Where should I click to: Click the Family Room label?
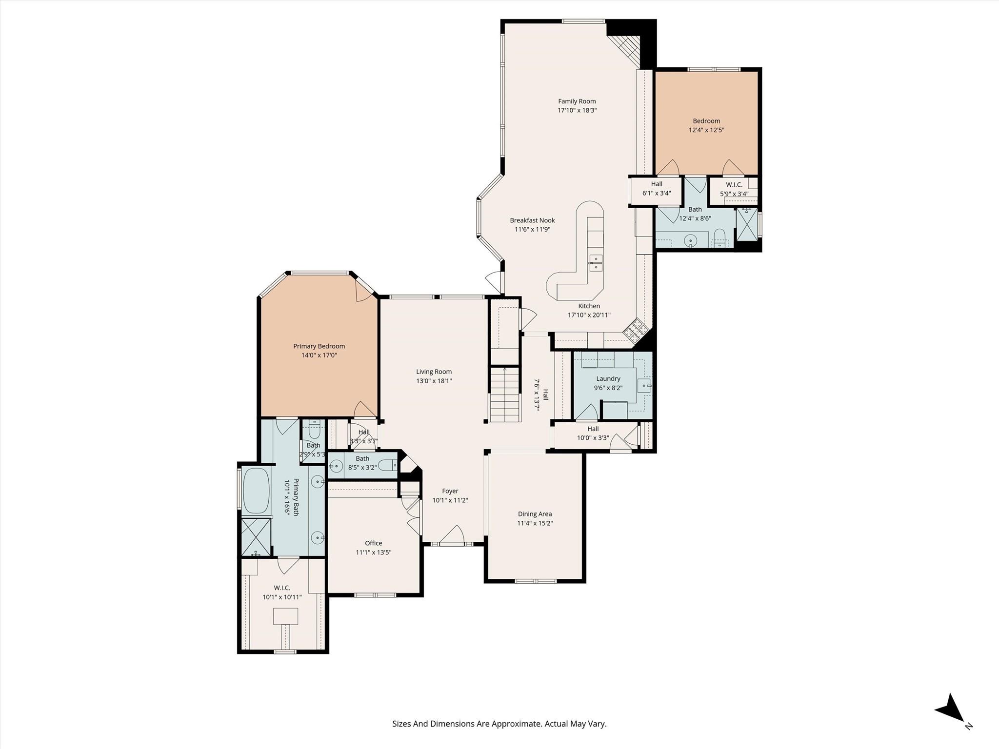click(x=577, y=101)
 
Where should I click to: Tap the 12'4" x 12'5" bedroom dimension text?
click(x=706, y=130)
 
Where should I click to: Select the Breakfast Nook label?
click(x=532, y=220)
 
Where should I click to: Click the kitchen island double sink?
click(x=595, y=263)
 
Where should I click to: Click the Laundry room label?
click(x=608, y=379)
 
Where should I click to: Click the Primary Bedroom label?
click(x=319, y=346)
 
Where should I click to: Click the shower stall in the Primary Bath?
click(x=256, y=536)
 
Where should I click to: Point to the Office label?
click(x=373, y=543)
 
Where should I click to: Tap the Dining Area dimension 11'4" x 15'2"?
click(x=535, y=523)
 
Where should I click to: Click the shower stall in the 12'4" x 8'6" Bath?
click(x=747, y=225)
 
